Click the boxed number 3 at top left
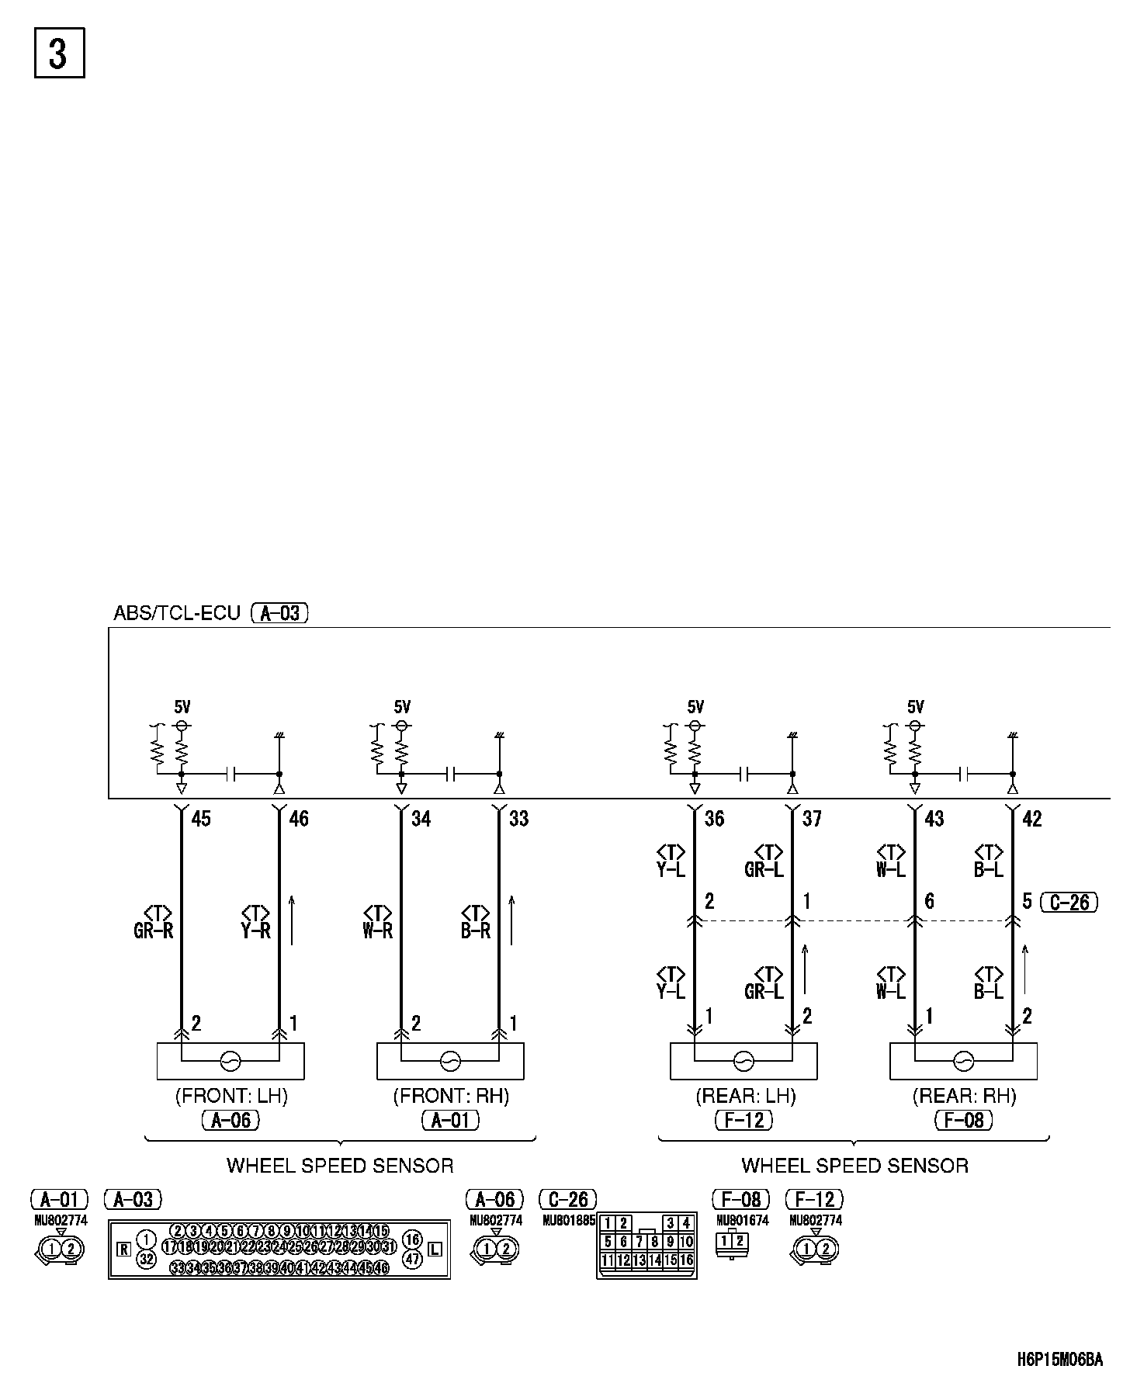point(59,54)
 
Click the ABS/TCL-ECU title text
point(177,612)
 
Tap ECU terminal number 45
point(200,818)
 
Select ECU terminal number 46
point(298,818)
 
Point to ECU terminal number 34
point(421,818)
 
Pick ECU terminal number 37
point(812,818)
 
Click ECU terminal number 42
point(1032,818)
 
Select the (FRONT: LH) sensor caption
point(231,1096)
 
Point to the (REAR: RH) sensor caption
point(964,1096)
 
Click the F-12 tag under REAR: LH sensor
point(744,1120)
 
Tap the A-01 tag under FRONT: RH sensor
point(450,1120)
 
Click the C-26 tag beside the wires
point(1069,902)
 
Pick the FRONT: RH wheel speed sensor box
point(450,1061)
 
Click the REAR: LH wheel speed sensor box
point(744,1061)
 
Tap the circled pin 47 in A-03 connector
point(412,1259)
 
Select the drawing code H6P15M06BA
point(1059,1359)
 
